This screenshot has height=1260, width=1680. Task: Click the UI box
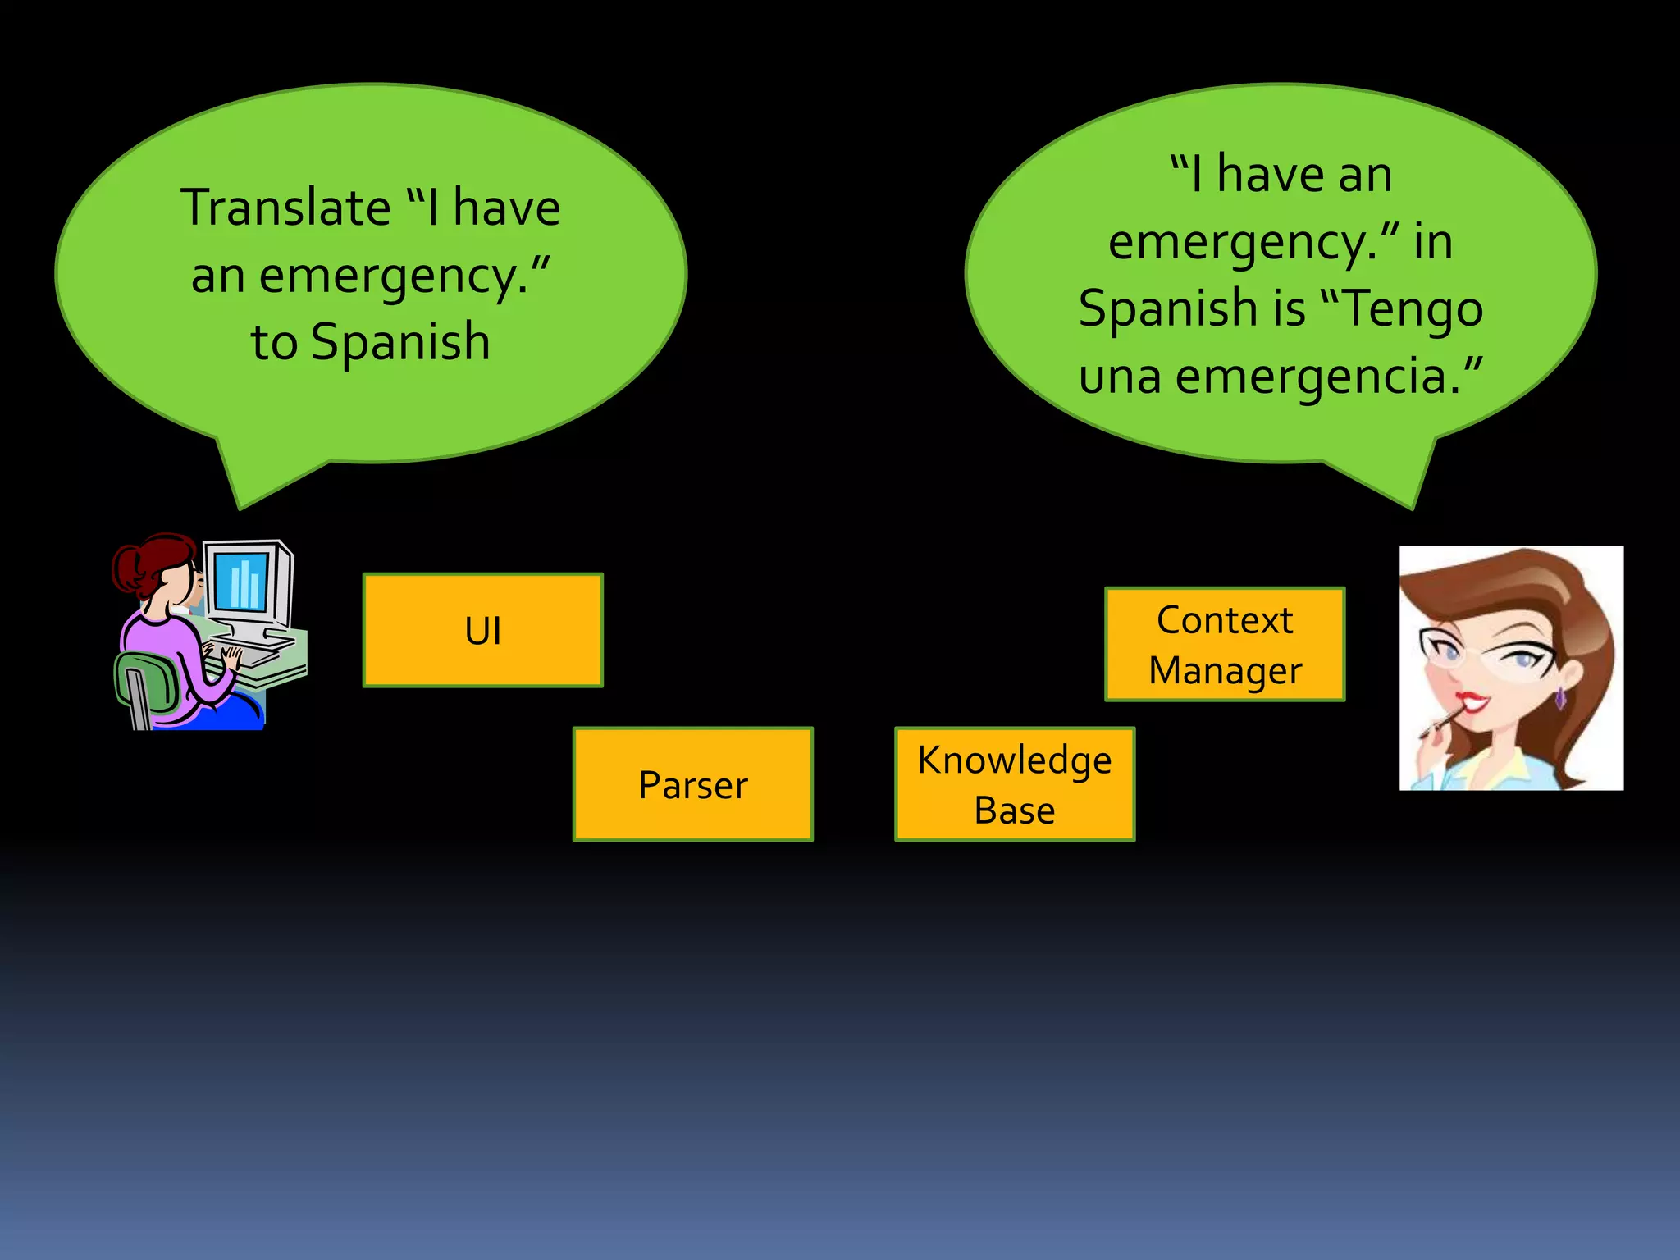(482, 630)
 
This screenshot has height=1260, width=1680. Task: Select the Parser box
(692, 784)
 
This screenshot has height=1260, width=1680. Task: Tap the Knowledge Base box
(1015, 784)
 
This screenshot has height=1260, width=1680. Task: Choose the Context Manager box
(1225, 644)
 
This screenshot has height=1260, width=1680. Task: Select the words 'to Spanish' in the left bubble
(371, 341)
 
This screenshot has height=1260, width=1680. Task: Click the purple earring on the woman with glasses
(1559, 697)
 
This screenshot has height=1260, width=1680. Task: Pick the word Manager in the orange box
(1225, 670)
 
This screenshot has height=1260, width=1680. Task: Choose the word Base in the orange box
(1015, 810)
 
